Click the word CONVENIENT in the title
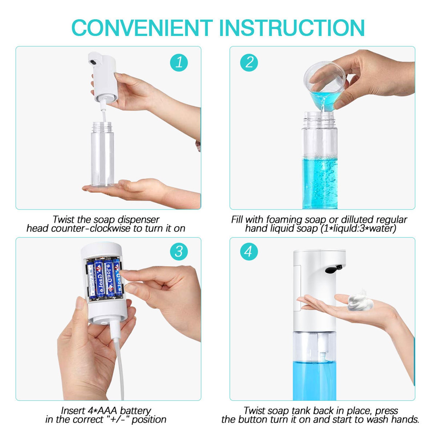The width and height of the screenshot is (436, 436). click(142, 28)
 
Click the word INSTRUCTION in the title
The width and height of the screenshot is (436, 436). click(292, 28)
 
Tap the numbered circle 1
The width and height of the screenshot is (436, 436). click(179, 62)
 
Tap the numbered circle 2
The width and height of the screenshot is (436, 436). click(249, 62)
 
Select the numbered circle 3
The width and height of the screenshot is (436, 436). click(179, 251)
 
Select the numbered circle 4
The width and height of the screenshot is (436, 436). click(249, 251)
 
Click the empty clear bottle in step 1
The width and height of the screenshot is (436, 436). click(102, 154)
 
